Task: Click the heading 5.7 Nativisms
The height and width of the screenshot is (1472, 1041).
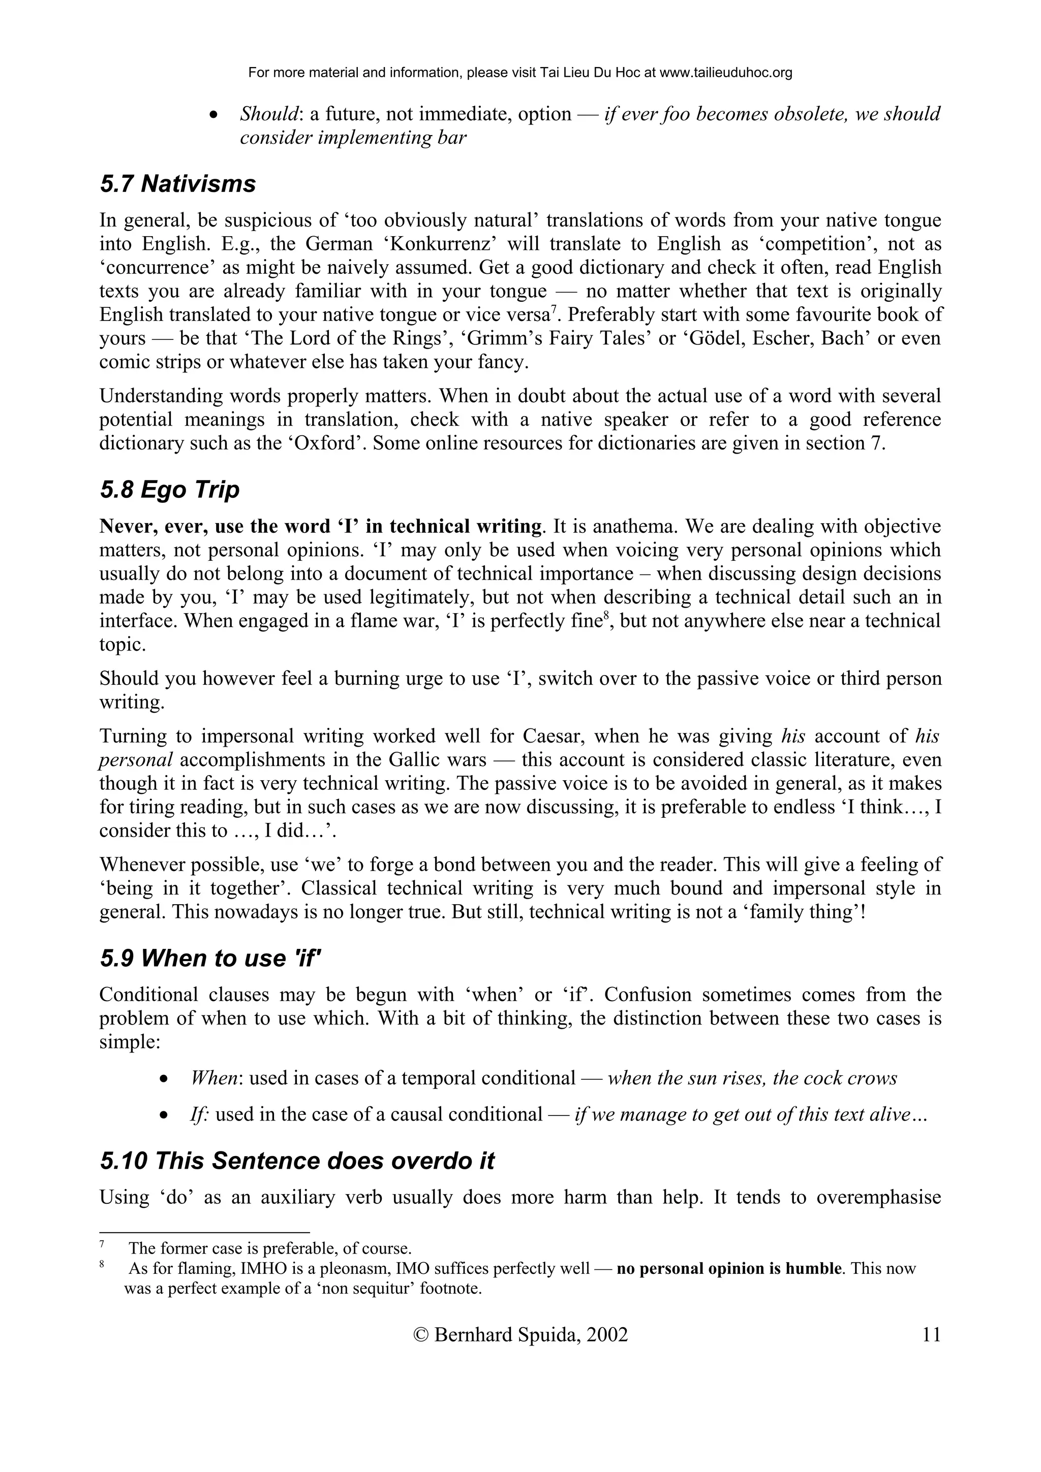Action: coord(178,184)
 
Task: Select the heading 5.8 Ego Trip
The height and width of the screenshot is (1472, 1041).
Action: coord(169,490)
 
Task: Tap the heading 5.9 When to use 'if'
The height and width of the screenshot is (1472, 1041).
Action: coord(210,958)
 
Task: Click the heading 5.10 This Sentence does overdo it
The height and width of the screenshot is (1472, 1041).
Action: coord(297,1161)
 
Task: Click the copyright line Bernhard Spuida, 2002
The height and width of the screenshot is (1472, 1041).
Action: coord(521,1335)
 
